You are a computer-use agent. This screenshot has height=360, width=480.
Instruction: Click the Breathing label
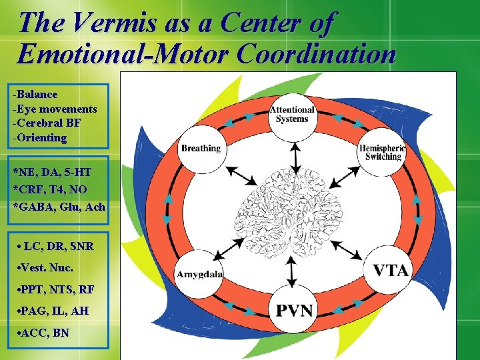pyautogui.click(x=200, y=148)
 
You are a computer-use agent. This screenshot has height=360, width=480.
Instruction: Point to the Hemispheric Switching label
pyautogui.click(x=383, y=152)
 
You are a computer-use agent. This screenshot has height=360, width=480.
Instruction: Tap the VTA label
pyautogui.click(x=391, y=271)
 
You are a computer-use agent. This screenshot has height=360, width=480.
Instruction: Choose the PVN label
pyautogui.click(x=294, y=310)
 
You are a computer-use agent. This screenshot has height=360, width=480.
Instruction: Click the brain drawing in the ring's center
pyautogui.click(x=291, y=209)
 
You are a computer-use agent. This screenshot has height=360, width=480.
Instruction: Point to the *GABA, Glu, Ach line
pyautogui.click(x=59, y=207)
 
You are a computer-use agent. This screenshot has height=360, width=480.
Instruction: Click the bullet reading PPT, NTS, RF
pyautogui.click(x=57, y=290)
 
